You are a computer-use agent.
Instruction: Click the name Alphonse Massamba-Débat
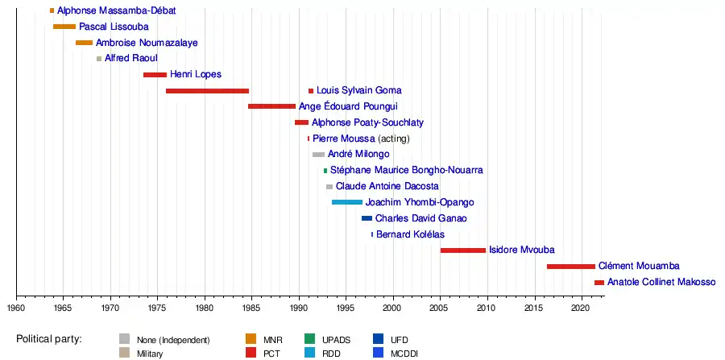pos(117,11)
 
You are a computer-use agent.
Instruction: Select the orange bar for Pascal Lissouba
pos(64,27)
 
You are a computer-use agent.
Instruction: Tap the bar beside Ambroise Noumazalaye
pos(84,43)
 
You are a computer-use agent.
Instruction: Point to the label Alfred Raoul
pos(131,59)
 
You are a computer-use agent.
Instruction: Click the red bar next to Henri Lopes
pos(155,75)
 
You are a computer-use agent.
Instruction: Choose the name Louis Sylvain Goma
pos(358,91)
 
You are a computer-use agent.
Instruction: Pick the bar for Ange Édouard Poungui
pos(271,106)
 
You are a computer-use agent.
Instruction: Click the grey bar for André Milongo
pos(318,155)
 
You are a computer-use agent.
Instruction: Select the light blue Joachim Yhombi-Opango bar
pos(347,202)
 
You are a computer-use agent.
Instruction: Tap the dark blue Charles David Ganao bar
pos(367,218)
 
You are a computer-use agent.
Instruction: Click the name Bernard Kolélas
pos(411,234)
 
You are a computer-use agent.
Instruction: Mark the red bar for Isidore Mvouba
pos(463,250)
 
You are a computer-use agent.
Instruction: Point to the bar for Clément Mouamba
pos(571,267)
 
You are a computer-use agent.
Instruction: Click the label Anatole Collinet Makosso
pos(661,283)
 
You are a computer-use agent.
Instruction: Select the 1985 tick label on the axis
pos(251,308)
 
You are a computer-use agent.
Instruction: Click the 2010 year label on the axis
pos(487,308)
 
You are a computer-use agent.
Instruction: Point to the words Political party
pos(49,339)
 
